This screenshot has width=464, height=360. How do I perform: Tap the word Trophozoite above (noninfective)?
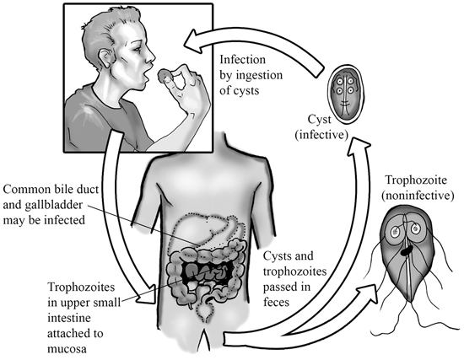[416, 180]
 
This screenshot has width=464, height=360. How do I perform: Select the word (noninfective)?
[418, 196]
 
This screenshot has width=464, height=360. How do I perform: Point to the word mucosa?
[67, 349]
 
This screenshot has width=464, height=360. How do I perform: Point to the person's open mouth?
[146, 77]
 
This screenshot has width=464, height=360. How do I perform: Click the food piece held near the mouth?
[163, 75]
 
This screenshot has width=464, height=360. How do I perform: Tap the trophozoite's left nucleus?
[396, 231]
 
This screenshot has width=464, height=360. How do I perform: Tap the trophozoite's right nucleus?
[415, 228]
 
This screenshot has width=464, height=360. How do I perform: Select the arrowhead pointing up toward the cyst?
[359, 147]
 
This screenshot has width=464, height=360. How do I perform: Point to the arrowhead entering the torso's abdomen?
[147, 295]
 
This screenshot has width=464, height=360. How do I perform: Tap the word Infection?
[243, 60]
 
